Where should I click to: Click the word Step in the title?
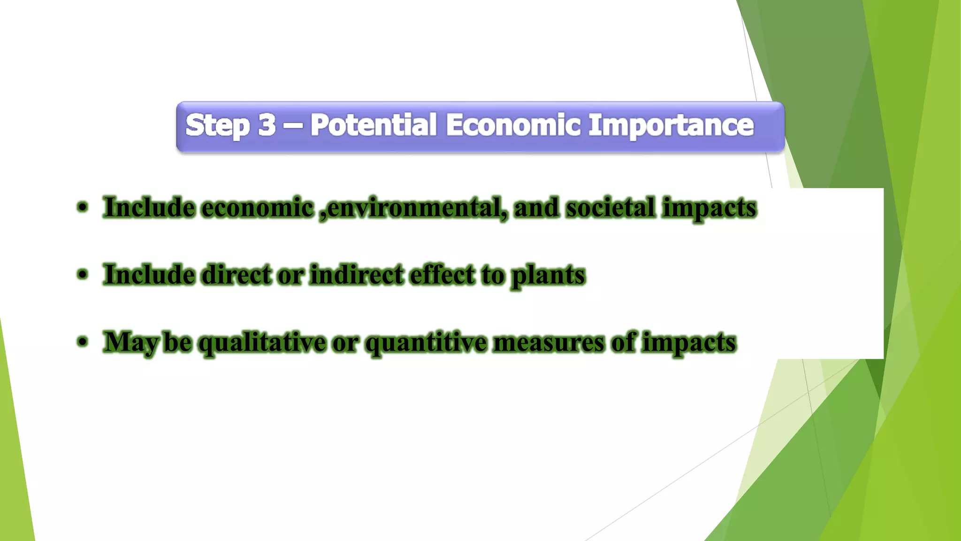pos(217,126)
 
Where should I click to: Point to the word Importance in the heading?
pos(671,126)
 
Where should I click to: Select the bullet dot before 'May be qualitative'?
pos(83,342)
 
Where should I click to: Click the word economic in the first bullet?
pos(257,208)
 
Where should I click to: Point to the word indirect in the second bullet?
pos(357,275)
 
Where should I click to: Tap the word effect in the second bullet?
pos(442,275)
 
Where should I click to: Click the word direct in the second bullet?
pos(236,275)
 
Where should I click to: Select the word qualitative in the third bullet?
pos(262,343)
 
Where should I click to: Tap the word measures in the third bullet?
pos(549,342)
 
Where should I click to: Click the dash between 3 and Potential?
pos(293,126)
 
